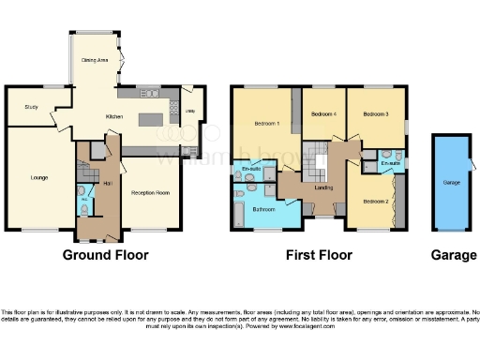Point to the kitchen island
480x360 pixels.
point(150,120)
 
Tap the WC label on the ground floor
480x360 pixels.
point(82,199)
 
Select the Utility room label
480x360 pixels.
point(189,111)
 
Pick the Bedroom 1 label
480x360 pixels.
point(267,125)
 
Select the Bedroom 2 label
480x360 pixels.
point(376,201)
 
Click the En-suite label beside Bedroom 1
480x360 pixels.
point(251,169)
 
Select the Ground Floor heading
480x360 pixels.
point(102,254)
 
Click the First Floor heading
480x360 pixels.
point(320,254)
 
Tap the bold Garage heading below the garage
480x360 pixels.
point(449,254)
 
